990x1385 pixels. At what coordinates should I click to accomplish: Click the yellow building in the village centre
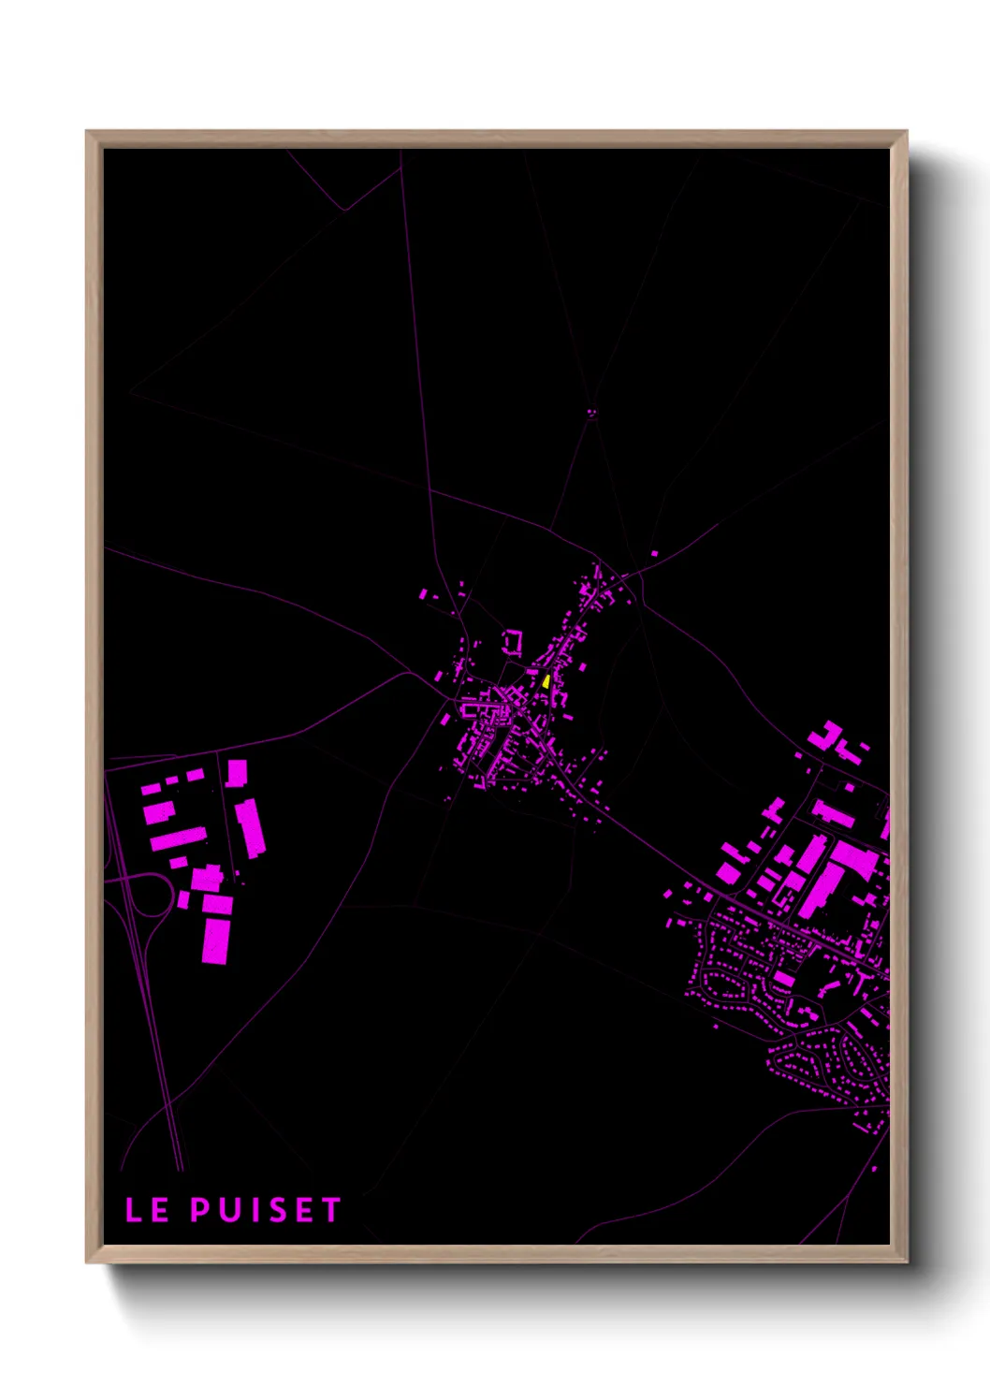coord(546,681)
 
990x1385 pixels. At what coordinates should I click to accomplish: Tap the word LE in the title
coord(148,1209)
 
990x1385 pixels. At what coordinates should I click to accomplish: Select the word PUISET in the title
coord(266,1209)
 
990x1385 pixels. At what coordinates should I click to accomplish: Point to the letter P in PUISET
coord(200,1209)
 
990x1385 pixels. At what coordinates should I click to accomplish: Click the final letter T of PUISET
coord(331,1209)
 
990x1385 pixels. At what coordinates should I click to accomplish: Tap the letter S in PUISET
coord(277,1209)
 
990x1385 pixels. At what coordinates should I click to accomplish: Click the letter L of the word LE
coord(135,1209)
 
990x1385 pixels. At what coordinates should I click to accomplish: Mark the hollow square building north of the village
coord(512,642)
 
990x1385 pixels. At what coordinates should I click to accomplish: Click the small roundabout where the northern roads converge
coord(591,410)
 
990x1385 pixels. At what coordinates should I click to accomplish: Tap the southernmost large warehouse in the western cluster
coord(216,939)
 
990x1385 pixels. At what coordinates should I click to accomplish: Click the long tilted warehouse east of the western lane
coord(250,826)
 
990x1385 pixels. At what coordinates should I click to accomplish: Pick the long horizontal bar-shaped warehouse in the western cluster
coord(179,838)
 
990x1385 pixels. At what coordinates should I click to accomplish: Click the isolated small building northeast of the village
coord(654,553)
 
